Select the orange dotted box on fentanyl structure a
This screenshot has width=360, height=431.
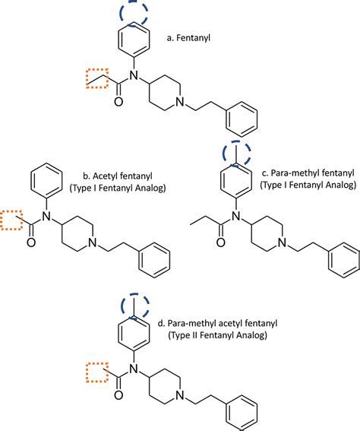(96, 78)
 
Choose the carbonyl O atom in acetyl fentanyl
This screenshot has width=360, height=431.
(32, 243)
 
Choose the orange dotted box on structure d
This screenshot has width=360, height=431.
(95, 373)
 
